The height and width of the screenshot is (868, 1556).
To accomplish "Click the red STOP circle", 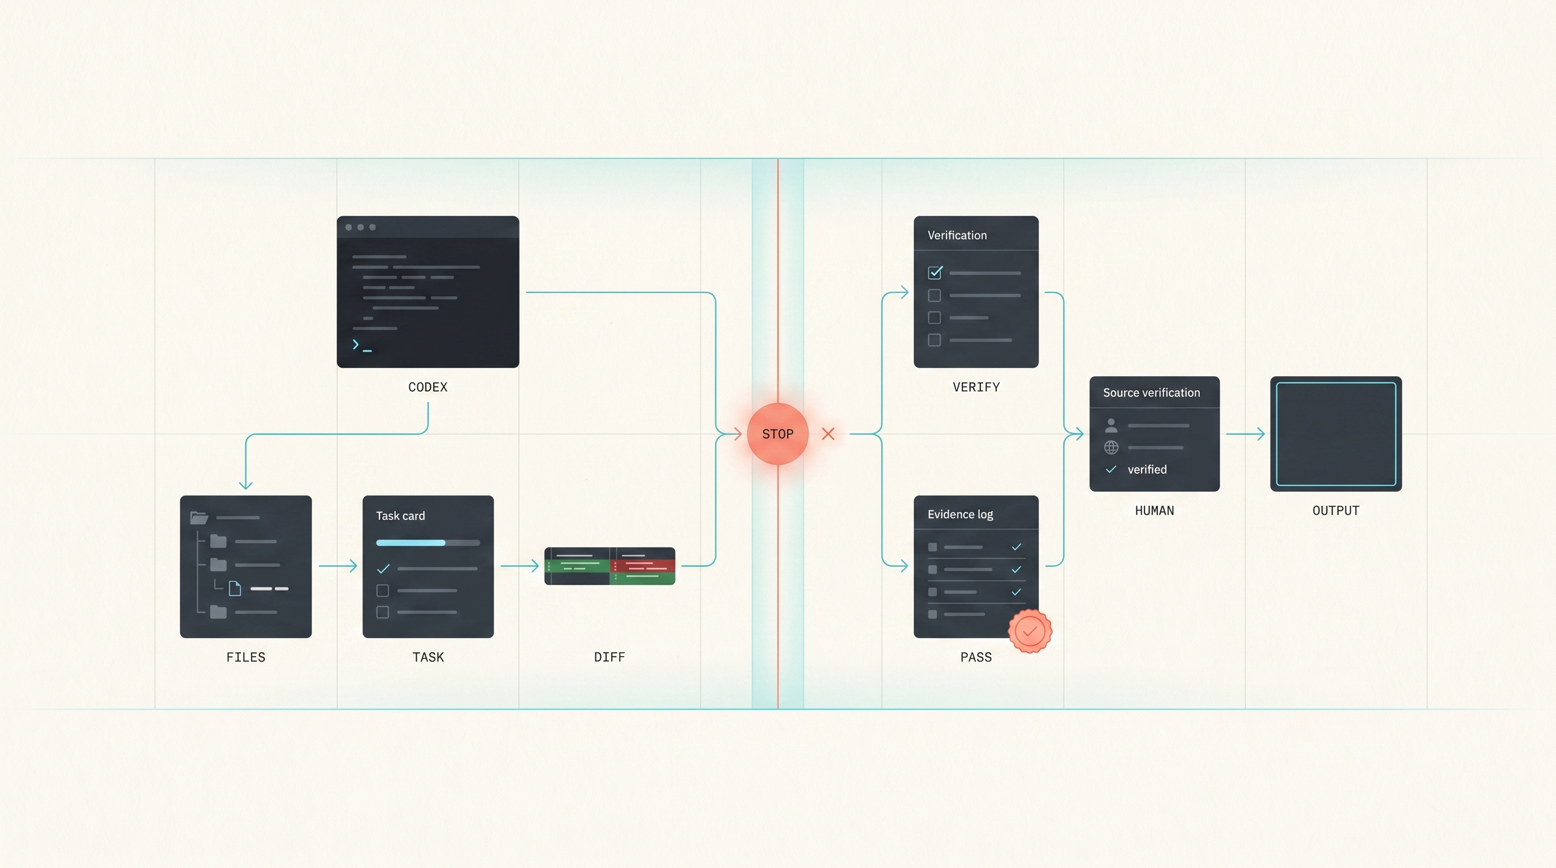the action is coord(777,433).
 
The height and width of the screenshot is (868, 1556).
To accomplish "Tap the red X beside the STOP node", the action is coord(828,433).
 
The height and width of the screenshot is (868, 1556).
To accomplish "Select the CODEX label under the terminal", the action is coord(427,387).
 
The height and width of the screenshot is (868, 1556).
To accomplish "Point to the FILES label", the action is coord(246,657).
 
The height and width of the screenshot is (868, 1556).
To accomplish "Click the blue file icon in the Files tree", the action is coord(235,588).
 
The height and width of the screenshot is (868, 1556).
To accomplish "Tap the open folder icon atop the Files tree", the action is coord(198,517).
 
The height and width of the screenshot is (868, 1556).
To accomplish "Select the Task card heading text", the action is coord(400,515).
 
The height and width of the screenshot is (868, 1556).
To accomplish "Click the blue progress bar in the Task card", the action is coord(410,542).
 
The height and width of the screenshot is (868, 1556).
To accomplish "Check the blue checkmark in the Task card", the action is coord(383,568).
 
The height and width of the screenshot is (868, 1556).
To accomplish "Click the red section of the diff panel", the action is coord(643,566).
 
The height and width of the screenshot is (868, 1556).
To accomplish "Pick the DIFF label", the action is coord(610,657).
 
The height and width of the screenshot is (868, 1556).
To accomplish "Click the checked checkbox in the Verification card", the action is coord(935,272).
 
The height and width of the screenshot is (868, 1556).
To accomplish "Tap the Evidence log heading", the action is coord(961,514).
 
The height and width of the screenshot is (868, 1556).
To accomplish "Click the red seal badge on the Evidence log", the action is coord(1030,631).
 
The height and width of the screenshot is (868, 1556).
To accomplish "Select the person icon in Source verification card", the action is coord(1111,426).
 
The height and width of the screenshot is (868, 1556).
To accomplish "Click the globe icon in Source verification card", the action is coord(1111,447).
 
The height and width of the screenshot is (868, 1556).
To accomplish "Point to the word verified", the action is coord(1147,470).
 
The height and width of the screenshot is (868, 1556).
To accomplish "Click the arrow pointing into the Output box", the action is coord(1245,433).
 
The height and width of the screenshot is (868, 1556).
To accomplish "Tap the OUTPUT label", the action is coord(1335,511).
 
